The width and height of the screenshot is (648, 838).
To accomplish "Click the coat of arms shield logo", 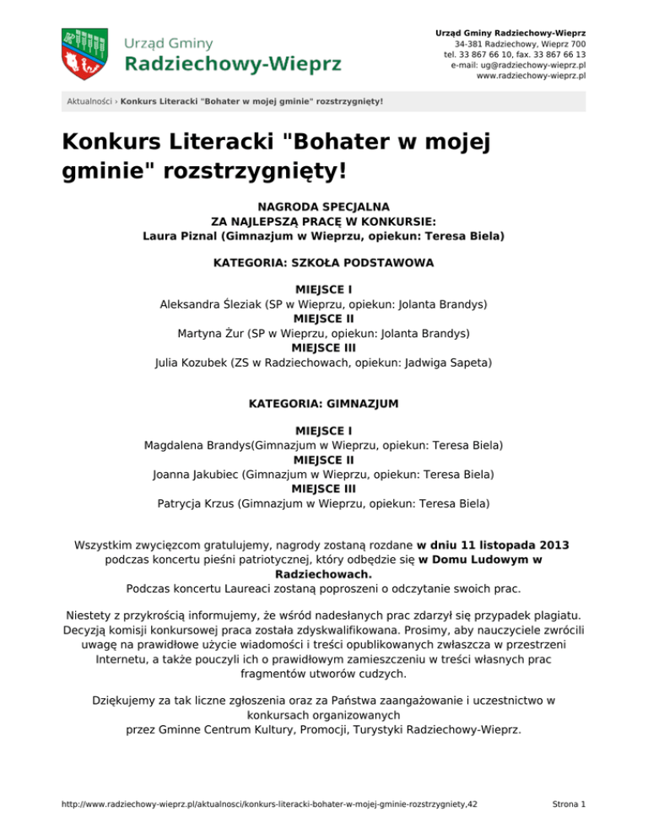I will coord(84,52).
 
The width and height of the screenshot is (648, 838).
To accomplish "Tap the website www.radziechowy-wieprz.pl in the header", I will coord(532,76).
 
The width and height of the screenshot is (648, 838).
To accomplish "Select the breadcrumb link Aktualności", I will coord(90,102).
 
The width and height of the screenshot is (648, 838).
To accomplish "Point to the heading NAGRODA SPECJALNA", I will coord(324,204).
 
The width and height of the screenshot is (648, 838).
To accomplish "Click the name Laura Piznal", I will coord(181,237).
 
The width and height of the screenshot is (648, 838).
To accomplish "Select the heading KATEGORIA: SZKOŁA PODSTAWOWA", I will coord(324,263).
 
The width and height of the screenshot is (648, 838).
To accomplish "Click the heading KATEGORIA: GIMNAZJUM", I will coord(324,404).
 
